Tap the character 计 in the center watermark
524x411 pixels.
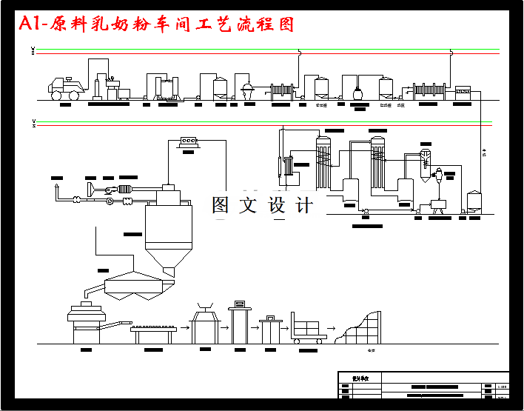click(x=305, y=205)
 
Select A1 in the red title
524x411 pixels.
click(x=30, y=24)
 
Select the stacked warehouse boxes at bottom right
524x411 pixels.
click(x=361, y=327)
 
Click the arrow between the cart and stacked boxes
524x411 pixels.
click(x=332, y=327)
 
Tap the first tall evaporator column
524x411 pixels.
click(x=322, y=159)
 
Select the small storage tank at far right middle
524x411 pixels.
click(x=474, y=201)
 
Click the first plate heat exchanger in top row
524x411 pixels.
click(x=282, y=91)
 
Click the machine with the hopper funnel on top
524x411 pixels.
click(x=205, y=322)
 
